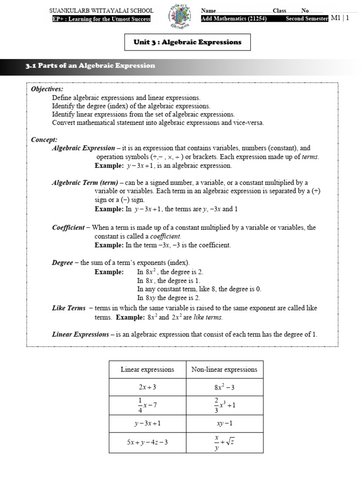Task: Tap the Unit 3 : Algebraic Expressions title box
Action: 188,42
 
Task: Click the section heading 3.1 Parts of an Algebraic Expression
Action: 90,66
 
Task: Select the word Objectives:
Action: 47,89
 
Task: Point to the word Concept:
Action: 44,140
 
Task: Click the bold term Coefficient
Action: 68,227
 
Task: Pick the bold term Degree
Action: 62,263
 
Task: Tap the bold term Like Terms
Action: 69,308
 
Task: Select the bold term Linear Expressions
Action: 80,334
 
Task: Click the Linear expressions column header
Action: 148,369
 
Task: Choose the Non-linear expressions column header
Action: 224,369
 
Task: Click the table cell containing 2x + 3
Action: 148,387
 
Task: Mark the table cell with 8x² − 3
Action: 224,387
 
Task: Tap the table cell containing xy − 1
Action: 224,423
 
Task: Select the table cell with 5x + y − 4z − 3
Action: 148,442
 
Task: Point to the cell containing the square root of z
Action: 224,442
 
